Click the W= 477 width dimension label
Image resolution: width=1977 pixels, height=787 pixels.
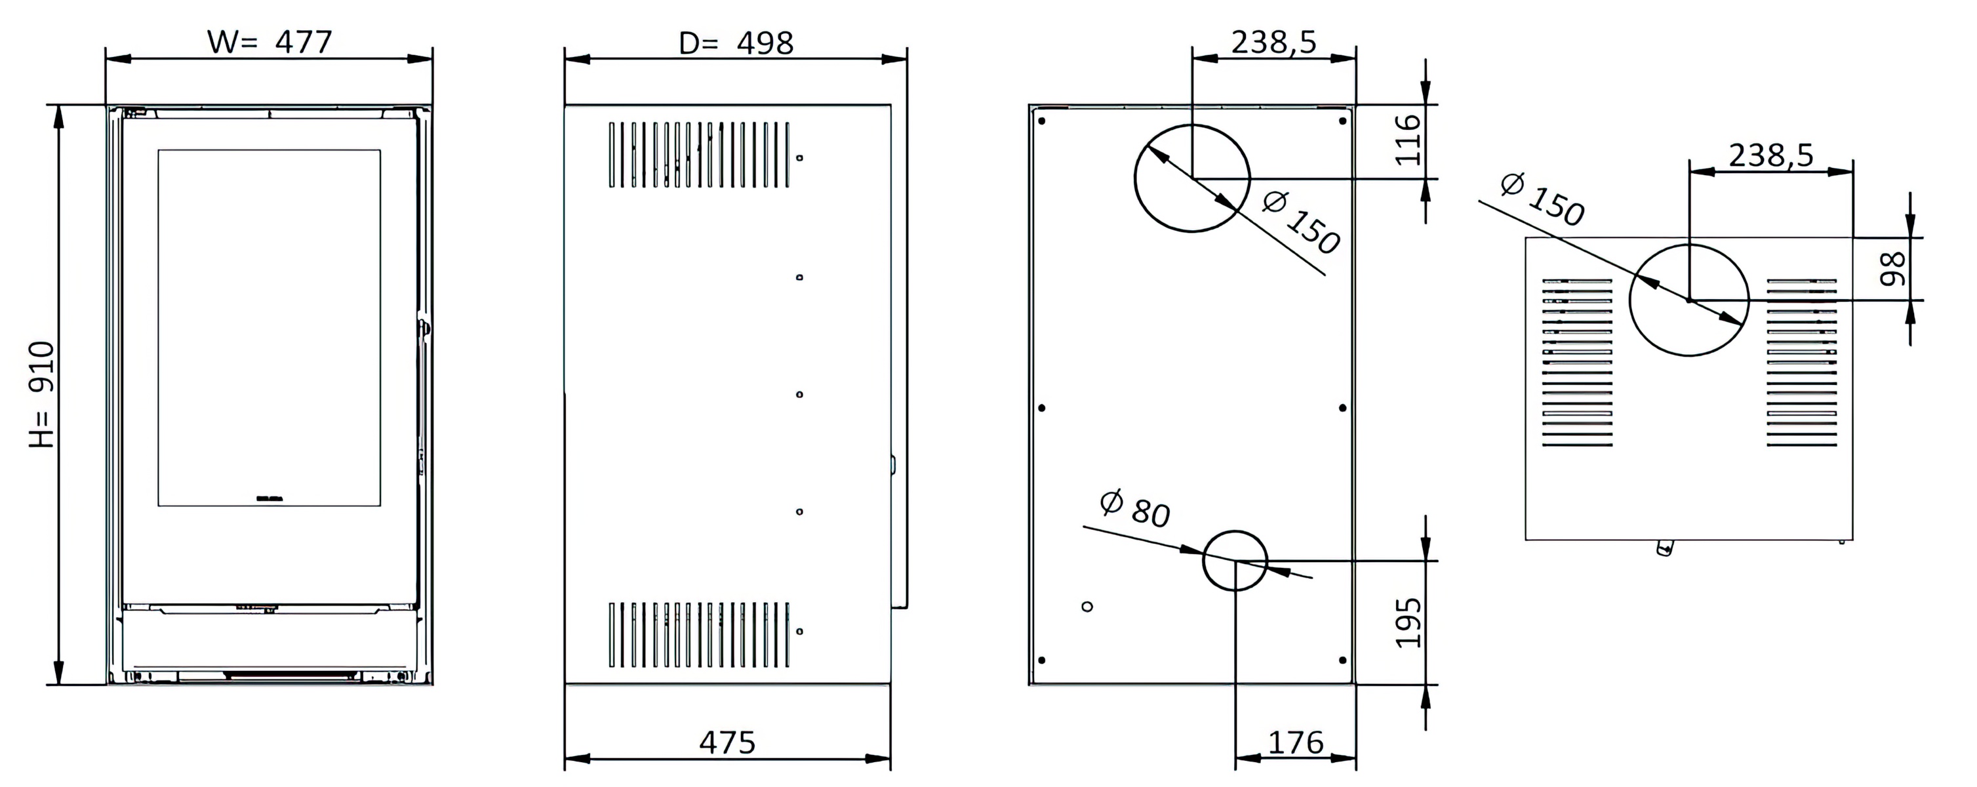coord(270,41)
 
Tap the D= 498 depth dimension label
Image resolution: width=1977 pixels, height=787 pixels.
coord(736,43)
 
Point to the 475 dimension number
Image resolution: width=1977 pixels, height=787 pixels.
coord(727,742)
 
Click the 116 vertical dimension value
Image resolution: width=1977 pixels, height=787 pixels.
coord(1408,139)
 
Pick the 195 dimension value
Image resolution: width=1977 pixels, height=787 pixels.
coord(1408,622)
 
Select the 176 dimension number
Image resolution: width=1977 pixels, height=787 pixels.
coord(1296,742)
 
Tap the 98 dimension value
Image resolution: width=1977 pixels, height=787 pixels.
coord(1892,269)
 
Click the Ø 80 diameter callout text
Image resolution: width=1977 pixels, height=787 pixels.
coord(1135,508)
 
